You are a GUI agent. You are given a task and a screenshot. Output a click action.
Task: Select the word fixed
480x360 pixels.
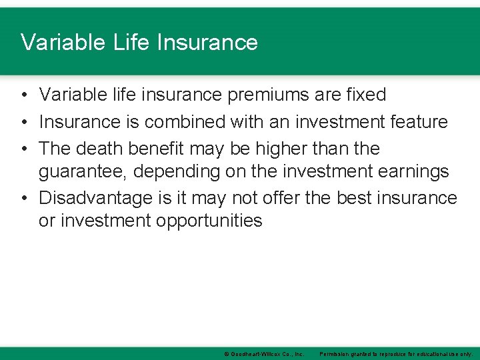(x=365, y=95)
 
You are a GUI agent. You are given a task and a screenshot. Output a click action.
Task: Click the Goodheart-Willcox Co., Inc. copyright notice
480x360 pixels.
(x=264, y=353)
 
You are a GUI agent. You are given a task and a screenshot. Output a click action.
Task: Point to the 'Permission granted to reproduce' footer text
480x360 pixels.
(x=396, y=353)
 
